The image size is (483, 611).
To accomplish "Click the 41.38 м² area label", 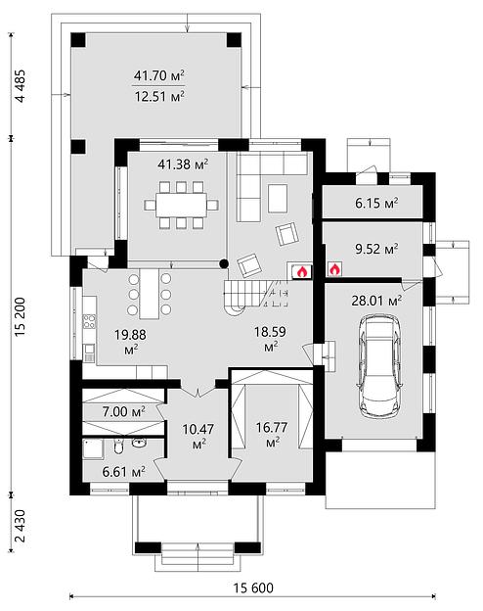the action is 183,164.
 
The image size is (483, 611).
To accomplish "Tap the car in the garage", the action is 380,366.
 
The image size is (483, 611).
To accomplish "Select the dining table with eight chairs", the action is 181,205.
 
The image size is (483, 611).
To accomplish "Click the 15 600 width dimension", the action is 253,587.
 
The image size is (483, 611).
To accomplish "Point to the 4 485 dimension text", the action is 20,86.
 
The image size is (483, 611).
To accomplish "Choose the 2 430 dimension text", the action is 20,526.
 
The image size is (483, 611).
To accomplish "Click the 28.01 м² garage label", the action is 376,301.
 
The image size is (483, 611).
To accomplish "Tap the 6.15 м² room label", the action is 376,203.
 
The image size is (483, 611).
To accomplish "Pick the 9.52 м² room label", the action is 376,249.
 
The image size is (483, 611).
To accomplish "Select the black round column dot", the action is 223,264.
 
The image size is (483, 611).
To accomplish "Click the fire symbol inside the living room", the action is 302,271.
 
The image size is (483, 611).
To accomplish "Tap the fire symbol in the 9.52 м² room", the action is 334,269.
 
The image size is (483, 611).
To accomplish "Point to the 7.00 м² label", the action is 124,411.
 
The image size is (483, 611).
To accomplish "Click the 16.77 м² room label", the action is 272,435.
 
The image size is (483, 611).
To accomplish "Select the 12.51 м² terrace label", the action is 158,96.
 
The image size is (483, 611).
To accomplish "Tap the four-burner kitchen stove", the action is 89,322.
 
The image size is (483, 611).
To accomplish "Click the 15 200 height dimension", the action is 20,316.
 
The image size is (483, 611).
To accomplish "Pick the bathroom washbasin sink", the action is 138,443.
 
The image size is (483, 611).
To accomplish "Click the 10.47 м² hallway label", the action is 198,436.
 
